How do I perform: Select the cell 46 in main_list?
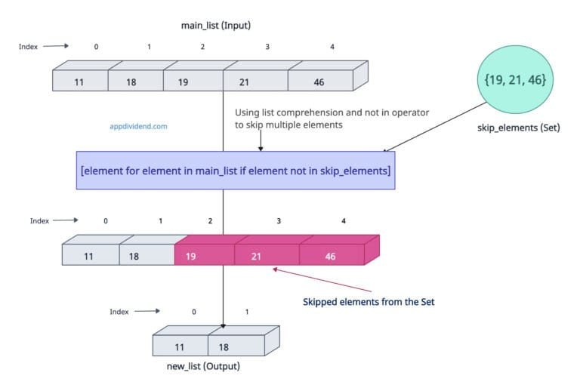320,82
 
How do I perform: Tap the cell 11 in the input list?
80,82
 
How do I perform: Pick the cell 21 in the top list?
255,82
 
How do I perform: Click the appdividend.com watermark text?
138,127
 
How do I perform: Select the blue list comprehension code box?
235,171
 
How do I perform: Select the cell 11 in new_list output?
180,346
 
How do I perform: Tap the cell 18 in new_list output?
236,346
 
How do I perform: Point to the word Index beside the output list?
119,311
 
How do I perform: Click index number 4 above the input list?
332,47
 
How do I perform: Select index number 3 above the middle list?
279,221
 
